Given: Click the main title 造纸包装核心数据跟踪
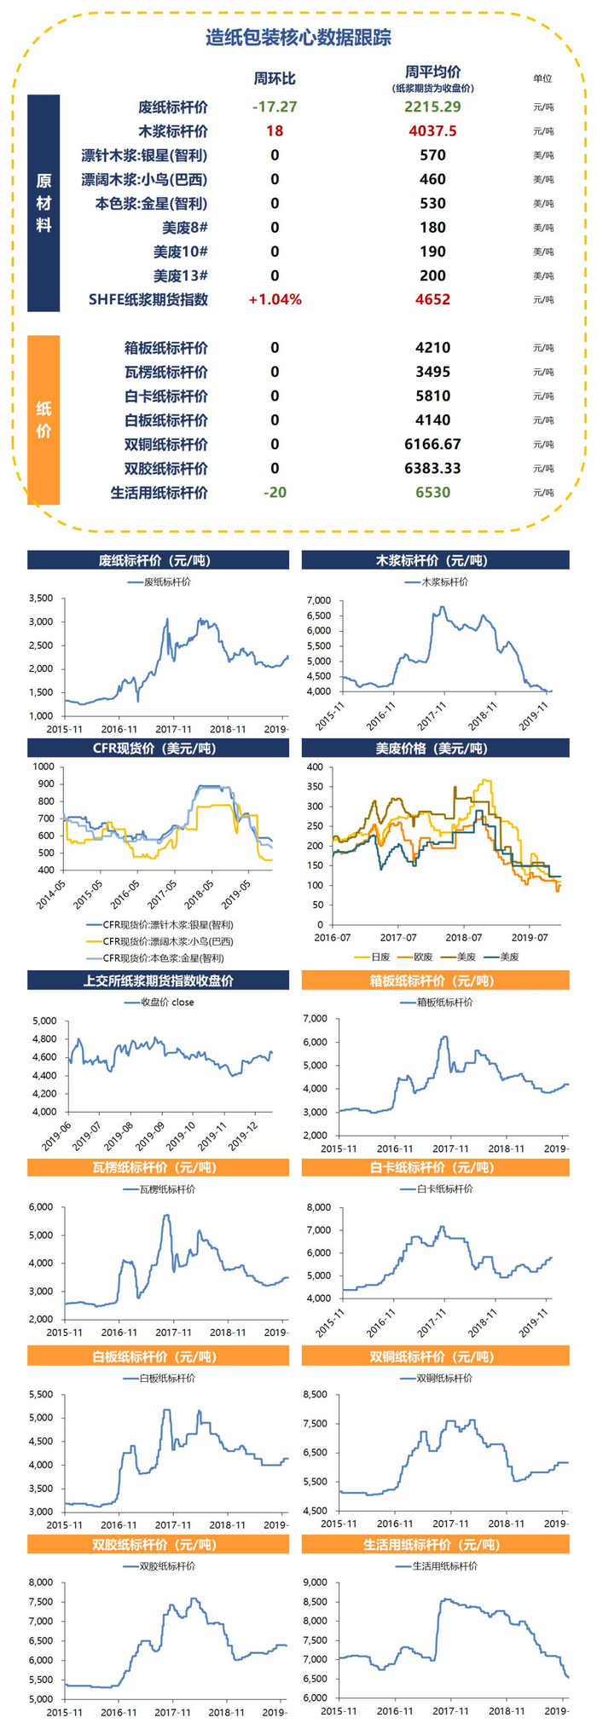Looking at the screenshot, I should coord(298,38).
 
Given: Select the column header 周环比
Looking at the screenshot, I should coord(275,78).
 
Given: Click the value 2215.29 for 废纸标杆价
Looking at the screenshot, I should coord(432,107).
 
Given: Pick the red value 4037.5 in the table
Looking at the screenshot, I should coord(432,131).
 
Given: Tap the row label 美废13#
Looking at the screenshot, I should coord(181,275).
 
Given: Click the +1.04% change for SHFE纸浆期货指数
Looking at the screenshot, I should coord(275,299).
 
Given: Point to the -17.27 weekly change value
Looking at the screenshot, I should coord(275,107).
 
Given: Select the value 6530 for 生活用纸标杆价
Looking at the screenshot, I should coord(432,492).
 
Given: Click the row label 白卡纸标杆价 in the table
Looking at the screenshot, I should coord(165,396).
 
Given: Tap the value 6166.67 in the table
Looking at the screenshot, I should coord(432,444).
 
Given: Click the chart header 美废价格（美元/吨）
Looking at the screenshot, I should coord(435,748).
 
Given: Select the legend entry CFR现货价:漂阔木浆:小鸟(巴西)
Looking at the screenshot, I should coord(167,941).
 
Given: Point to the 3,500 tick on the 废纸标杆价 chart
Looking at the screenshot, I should coord(41,598).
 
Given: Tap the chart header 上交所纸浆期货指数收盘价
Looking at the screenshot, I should coord(159,980).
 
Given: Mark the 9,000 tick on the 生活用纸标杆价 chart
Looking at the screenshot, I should coord(315,1582).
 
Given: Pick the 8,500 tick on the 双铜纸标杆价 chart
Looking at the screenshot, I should coord(315,1394).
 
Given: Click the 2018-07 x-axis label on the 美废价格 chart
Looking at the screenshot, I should coord(463,937).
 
